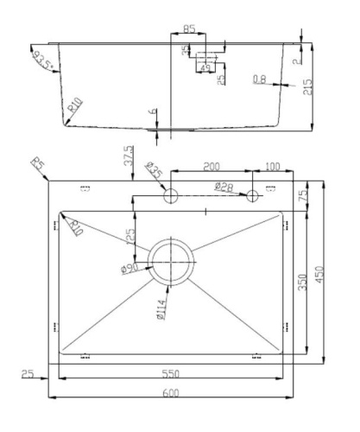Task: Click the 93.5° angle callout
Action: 44,61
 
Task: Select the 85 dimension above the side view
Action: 189,29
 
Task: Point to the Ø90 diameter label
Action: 130,269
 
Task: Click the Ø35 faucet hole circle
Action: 171,196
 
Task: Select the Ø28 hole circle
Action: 253,196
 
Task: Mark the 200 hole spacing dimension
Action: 211,165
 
